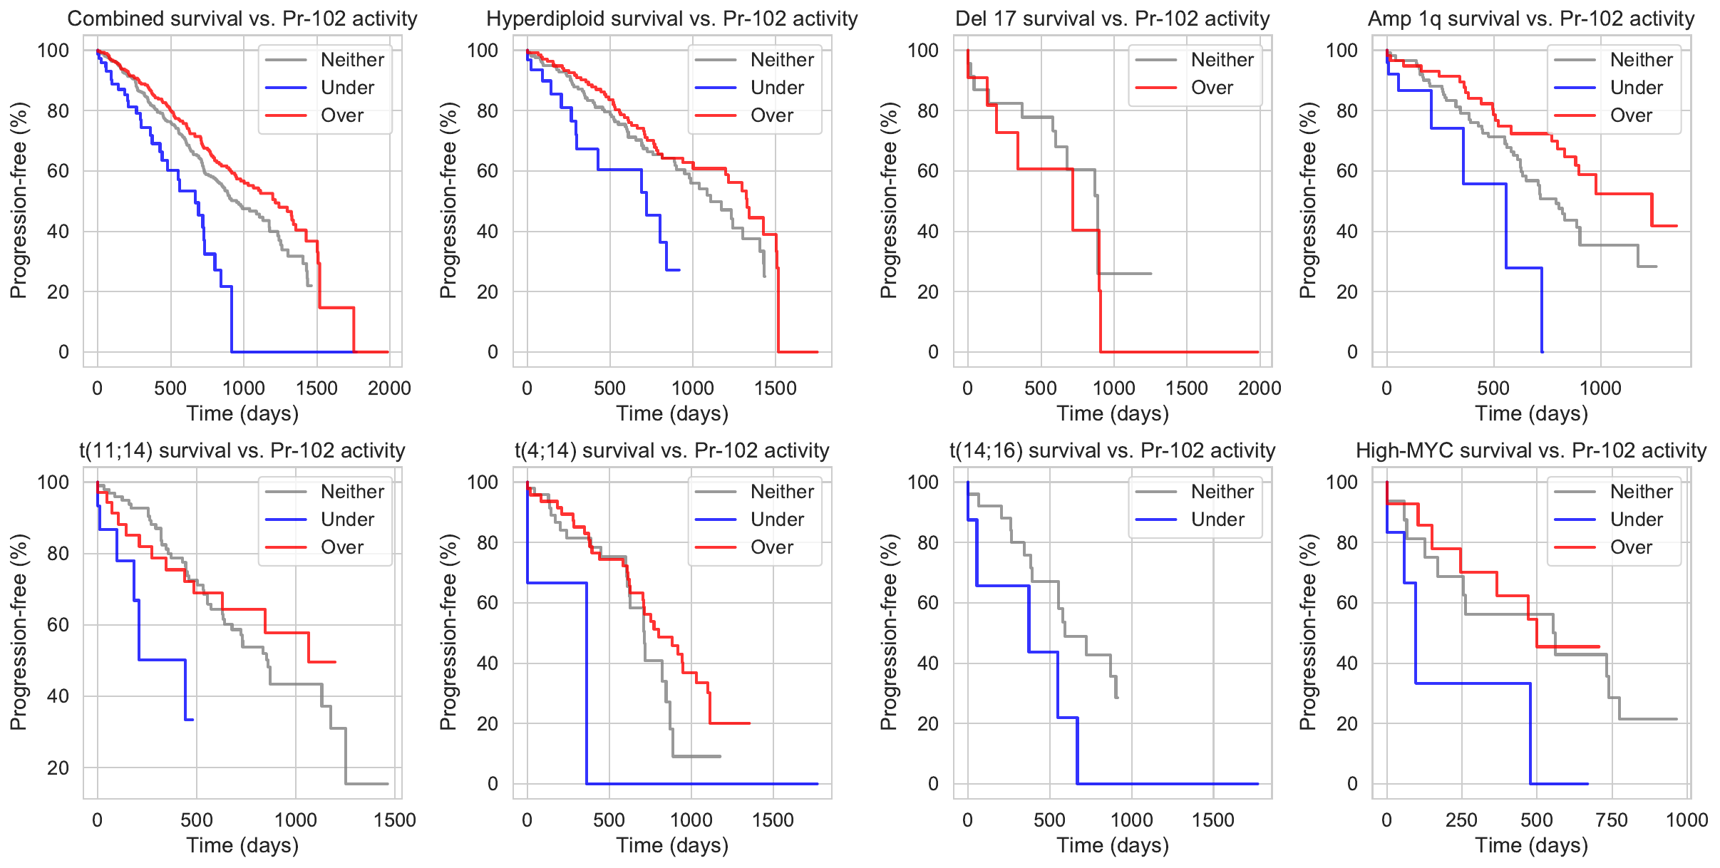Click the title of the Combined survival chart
242,19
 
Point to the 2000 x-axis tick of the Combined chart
389,388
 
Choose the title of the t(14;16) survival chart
1112,450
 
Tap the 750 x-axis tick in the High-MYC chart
1612,820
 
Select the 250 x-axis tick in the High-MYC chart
1461,820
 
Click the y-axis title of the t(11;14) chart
19,632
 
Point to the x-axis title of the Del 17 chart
1112,413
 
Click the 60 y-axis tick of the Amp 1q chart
1346,171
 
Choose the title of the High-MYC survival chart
1531,450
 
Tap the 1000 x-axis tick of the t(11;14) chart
296,820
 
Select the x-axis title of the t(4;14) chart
672,845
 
